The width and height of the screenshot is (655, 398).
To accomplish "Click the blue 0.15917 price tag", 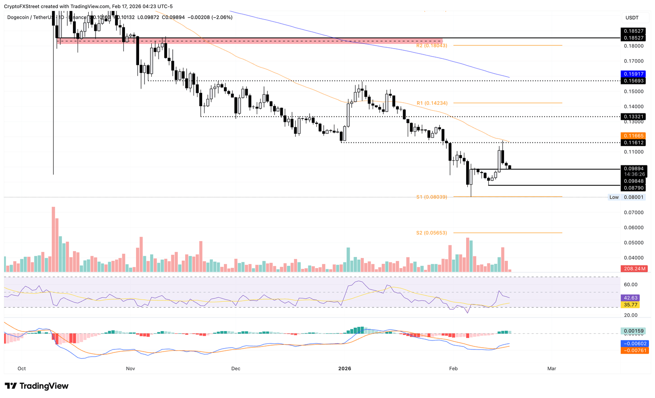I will pyautogui.click(x=633, y=74).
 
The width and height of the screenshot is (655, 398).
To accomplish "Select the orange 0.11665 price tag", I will pyautogui.click(x=633, y=136).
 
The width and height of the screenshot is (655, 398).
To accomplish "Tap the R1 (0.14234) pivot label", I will pyautogui.click(x=432, y=103).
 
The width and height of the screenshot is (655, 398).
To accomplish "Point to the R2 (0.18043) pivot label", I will pyautogui.click(x=432, y=46).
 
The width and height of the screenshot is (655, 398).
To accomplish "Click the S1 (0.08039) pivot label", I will pyautogui.click(x=432, y=197).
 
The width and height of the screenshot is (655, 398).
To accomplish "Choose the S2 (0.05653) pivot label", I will pyautogui.click(x=432, y=233).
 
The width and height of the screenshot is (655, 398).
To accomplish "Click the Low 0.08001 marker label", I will pyautogui.click(x=626, y=197).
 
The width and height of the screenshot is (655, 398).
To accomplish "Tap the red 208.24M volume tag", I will pyautogui.click(x=635, y=269).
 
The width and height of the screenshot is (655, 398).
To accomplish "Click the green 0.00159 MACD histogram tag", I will pyautogui.click(x=633, y=331).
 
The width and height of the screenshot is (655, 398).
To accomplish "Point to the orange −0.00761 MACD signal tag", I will pyautogui.click(x=633, y=350).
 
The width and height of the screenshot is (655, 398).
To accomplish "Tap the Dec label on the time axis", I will pyautogui.click(x=235, y=369).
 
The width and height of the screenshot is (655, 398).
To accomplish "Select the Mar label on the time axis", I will pyautogui.click(x=551, y=369).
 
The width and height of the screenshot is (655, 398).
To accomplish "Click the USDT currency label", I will pyautogui.click(x=632, y=18).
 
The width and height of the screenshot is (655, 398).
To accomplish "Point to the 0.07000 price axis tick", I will pyautogui.click(x=633, y=212).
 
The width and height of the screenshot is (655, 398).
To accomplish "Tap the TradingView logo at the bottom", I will pyautogui.click(x=37, y=386).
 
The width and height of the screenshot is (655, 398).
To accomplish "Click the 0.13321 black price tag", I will pyautogui.click(x=633, y=116).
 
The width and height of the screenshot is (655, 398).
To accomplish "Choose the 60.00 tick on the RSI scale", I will pyautogui.click(x=631, y=285).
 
